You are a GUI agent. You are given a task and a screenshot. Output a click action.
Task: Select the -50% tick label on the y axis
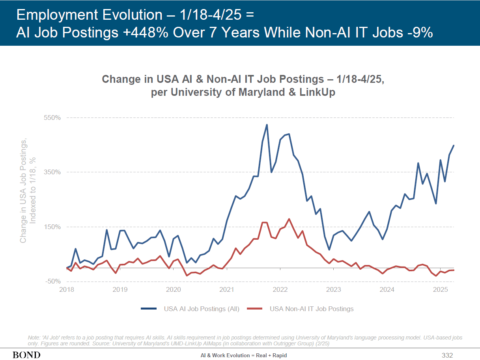coord(52,282)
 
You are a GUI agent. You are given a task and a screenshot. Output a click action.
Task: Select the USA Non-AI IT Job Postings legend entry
coord(300,309)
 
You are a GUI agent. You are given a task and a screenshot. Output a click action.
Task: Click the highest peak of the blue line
coord(267,125)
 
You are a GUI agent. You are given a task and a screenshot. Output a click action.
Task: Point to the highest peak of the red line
coord(289,219)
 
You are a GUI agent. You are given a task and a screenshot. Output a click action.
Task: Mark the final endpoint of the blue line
coord(454,145)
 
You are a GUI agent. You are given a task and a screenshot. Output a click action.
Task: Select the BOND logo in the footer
coord(26,355)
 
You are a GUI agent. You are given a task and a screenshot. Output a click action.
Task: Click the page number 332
coord(447,355)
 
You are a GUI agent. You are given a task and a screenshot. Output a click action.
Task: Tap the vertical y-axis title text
coord(28,190)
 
